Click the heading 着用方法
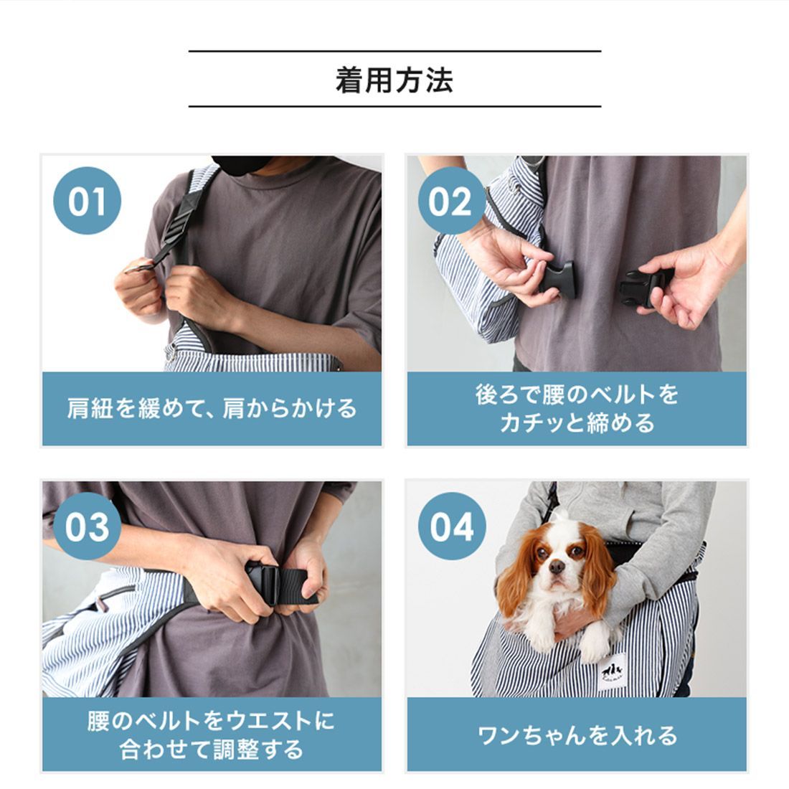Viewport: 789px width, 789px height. pyautogui.click(x=394, y=80)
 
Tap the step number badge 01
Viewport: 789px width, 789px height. pyautogui.click(x=87, y=201)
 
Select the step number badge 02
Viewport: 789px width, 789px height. pyautogui.click(x=451, y=201)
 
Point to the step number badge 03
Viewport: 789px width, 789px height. pyautogui.click(x=87, y=526)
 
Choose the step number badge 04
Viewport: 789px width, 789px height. pyautogui.click(x=451, y=526)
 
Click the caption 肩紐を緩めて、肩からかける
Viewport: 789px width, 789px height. pyautogui.click(x=212, y=408)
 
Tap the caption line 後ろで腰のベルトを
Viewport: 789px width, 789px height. pyautogui.click(x=577, y=394)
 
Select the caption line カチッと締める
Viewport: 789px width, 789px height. pyautogui.click(x=577, y=422)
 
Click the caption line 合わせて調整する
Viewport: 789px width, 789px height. pyautogui.click(x=212, y=749)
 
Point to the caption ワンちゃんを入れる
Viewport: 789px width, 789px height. pyautogui.click(x=577, y=735)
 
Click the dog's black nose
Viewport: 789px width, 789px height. pyautogui.click(x=557, y=567)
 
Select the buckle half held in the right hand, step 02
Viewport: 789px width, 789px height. pyautogui.click(x=641, y=287)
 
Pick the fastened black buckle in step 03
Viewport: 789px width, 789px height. pyautogui.click(x=263, y=584)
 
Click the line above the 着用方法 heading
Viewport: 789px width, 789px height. pyautogui.click(x=395, y=52)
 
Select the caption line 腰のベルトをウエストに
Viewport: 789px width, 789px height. pyautogui.click(x=212, y=721)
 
